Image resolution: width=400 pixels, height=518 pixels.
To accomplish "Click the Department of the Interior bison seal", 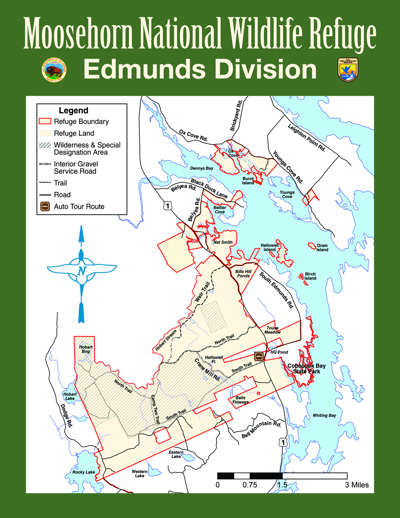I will pyautogui.click(x=54, y=70).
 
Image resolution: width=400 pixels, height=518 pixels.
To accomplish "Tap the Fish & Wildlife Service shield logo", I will pyautogui.click(x=348, y=70).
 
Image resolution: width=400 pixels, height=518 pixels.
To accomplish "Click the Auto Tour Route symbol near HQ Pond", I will pyautogui.click(x=259, y=356).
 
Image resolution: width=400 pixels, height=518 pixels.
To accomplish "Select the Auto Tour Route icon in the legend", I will pyautogui.click(x=45, y=207).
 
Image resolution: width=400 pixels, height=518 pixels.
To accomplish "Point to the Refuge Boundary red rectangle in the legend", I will pyautogui.click(x=45, y=121).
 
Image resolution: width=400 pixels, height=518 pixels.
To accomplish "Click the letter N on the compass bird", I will pyautogui.click(x=82, y=271).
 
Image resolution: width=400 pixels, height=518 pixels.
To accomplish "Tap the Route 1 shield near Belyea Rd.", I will pyautogui.click(x=168, y=206).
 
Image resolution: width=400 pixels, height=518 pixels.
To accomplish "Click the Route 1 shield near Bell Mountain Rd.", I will pyautogui.click(x=283, y=442).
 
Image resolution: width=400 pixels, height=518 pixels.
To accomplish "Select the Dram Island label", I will pyautogui.click(x=322, y=248).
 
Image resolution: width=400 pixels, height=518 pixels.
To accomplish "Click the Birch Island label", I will pyautogui.click(x=310, y=276).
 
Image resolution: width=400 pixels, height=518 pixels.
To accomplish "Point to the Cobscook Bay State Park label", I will pyautogui.click(x=307, y=369).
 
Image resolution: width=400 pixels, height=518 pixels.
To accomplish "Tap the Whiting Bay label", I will pyautogui.click(x=324, y=415).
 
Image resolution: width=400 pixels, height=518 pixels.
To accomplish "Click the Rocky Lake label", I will pyautogui.click(x=83, y=472).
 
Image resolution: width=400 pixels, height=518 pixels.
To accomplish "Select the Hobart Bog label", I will pyautogui.click(x=86, y=349).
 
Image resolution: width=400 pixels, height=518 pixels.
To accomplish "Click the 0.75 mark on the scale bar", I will pyautogui.click(x=250, y=485).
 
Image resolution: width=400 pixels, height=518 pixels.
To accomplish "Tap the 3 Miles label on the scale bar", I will pyautogui.click(x=357, y=485).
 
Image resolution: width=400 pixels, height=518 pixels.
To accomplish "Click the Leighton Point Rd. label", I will pyautogui.click(x=307, y=138).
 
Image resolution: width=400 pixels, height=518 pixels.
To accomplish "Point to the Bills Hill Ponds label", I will pyautogui.click(x=243, y=274).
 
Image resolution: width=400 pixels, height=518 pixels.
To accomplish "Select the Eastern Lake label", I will pyautogui.click(x=176, y=454).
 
